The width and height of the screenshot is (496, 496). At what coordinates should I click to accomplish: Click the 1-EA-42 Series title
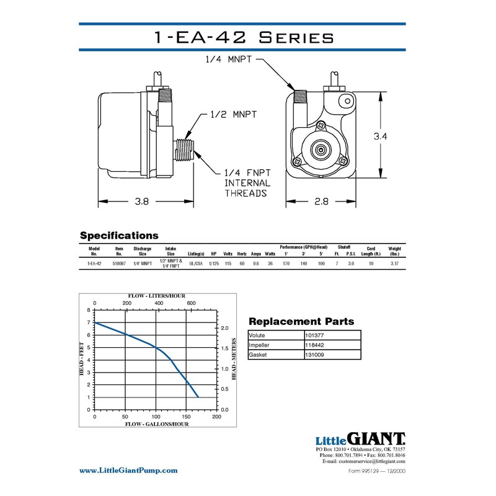coord(243,37)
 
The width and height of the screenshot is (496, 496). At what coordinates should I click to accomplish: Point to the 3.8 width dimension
coord(141,201)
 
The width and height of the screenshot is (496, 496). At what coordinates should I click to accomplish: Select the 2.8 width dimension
coord(321,201)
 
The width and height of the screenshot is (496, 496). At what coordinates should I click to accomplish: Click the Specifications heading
coord(119,236)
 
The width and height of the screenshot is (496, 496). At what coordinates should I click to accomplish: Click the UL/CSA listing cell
coord(195,263)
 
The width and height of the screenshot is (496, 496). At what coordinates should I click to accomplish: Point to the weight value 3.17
coord(395,263)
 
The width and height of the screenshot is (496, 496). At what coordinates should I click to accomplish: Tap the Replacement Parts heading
coord(301,321)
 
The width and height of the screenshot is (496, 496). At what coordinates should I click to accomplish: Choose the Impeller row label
coord(260,345)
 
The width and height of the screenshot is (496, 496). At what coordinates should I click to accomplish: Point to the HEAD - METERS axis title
coord(234,359)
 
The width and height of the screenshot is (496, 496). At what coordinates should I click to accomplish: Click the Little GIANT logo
coord(360,438)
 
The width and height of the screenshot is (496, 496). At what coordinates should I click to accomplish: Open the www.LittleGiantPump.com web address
coord(128,471)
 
